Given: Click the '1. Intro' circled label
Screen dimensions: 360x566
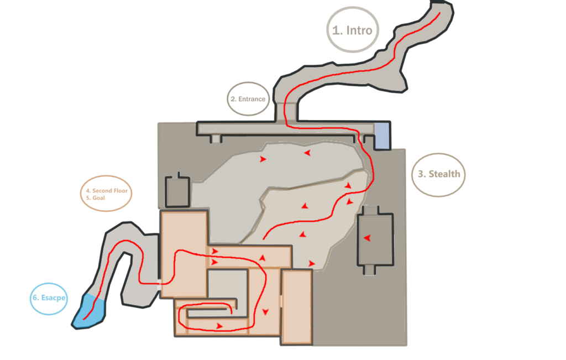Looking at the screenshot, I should point(353,30).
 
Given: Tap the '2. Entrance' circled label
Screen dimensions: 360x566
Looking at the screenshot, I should point(249,100).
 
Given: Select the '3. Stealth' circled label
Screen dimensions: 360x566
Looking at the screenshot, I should point(439,174).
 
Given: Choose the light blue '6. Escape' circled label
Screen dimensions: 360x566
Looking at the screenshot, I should point(49,298).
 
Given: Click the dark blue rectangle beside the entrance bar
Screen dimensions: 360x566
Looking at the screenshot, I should point(382,135).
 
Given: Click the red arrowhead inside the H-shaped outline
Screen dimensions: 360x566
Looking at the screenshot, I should point(366,238).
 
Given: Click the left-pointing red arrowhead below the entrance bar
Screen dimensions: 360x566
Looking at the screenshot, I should point(306,153).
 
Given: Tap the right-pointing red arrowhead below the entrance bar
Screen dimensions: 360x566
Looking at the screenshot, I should point(263,159).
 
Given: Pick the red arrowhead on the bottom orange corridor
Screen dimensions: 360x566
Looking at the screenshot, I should point(219,326).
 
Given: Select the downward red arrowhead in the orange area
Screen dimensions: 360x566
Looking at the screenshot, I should point(265,312).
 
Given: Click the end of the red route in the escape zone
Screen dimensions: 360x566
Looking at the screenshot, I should point(83,319).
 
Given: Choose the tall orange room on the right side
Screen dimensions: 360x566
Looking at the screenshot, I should point(297,307).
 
